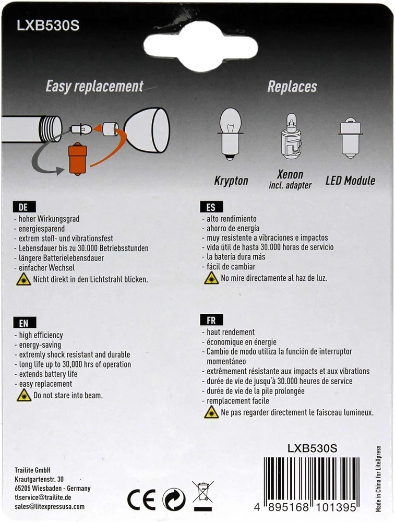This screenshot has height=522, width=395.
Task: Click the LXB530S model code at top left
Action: [x=48, y=26]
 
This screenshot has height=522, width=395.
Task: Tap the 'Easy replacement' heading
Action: [x=94, y=87]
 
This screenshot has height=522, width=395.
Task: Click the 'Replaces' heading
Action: [x=292, y=87]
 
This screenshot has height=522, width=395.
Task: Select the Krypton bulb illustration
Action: [x=230, y=134]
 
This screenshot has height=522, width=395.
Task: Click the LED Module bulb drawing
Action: [x=350, y=138]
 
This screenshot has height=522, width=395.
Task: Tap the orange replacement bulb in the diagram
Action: [x=78, y=159]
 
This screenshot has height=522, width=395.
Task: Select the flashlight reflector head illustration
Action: [x=147, y=130]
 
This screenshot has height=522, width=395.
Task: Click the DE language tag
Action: [x=24, y=207]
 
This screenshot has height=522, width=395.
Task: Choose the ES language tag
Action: [x=211, y=207]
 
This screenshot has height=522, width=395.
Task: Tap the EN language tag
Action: [x=25, y=323]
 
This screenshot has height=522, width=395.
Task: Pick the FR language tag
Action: [x=211, y=320]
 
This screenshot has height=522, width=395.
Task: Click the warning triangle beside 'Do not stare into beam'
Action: [x=24, y=395]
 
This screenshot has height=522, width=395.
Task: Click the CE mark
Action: [x=141, y=500]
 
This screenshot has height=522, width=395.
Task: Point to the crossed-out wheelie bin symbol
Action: [x=202, y=495]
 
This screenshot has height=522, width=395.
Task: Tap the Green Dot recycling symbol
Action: [x=174, y=500]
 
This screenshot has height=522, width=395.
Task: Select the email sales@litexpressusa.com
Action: [x=50, y=506]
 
